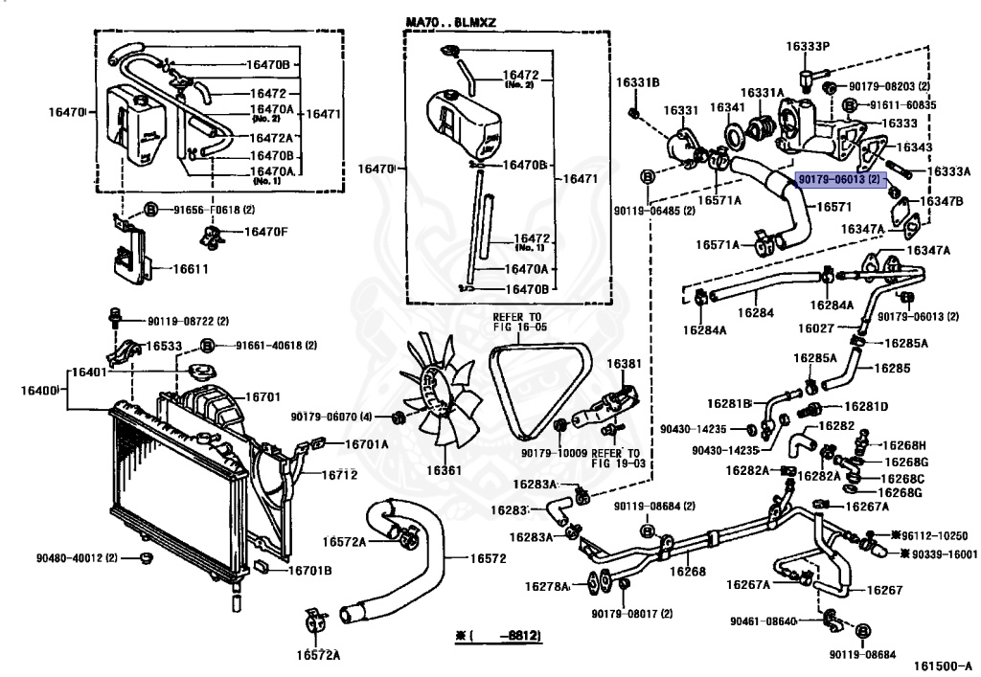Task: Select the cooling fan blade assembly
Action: (x=439, y=391)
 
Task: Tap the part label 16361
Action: (x=444, y=470)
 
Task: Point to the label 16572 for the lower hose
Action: (x=488, y=558)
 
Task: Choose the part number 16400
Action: (x=38, y=390)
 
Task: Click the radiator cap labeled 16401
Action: (x=202, y=373)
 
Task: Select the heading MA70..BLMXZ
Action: (x=450, y=23)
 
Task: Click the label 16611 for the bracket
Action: (x=191, y=269)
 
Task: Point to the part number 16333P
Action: (x=808, y=46)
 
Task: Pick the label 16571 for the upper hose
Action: (x=834, y=206)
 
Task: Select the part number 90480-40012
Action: (x=77, y=557)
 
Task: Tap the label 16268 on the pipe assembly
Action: (x=688, y=571)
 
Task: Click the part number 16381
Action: (x=624, y=363)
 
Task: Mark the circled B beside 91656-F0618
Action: (x=150, y=210)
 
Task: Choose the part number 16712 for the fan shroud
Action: (x=339, y=474)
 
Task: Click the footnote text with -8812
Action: (x=498, y=636)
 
